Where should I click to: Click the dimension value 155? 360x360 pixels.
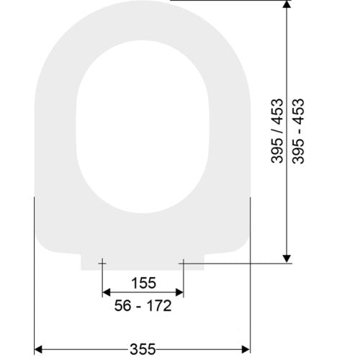click(x=144, y=283)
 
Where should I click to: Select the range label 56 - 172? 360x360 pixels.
click(x=143, y=305)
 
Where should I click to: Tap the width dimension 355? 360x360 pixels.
click(x=143, y=349)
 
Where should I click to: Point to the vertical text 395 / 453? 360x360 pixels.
click(x=277, y=131)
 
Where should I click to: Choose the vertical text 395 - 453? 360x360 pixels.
click(x=298, y=131)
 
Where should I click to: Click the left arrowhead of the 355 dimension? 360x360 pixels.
click(x=38, y=349)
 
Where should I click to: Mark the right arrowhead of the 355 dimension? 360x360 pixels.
click(x=246, y=349)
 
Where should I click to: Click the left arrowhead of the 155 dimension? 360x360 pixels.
click(x=107, y=292)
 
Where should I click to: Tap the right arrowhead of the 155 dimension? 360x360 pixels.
click(x=179, y=292)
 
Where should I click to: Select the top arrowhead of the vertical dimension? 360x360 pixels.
click(x=287, y=4)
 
